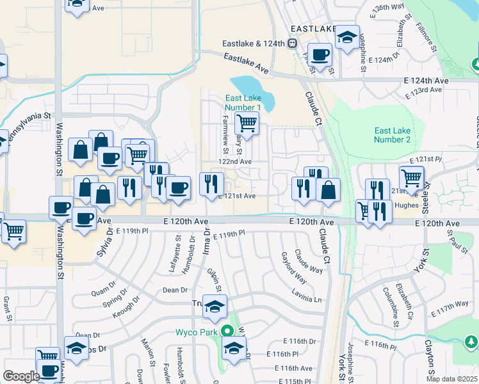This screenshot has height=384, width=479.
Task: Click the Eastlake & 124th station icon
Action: (x=292, y=44)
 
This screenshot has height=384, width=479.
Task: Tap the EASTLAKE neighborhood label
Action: (x=313, y=29)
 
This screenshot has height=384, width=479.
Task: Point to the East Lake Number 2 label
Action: (x=392, y=135)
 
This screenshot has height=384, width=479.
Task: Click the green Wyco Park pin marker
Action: (x=225, y=332)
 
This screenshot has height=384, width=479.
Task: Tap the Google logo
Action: (x=21, y=376)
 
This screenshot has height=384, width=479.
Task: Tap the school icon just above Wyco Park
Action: (x=215, y=308)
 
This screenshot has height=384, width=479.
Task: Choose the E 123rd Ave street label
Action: (x=423, y=90)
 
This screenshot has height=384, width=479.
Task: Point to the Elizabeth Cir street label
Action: (x=406, y=305)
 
